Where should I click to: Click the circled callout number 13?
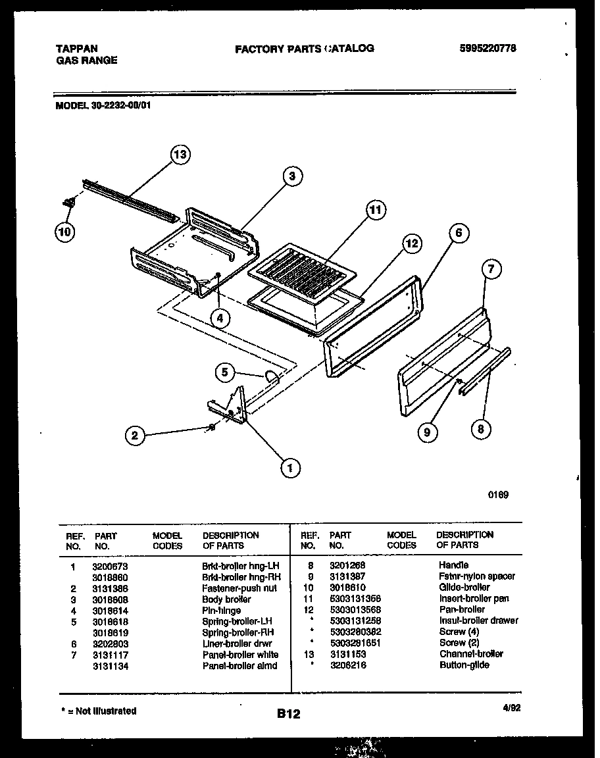point(179,155)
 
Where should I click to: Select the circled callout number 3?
point(292,176)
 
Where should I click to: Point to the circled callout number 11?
point(374,211)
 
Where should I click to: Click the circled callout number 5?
point(225,372)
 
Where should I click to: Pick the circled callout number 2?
point(135,435)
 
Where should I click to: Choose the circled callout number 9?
point(427,432)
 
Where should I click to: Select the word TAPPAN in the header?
point(76,49)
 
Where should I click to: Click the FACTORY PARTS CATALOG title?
point(304,48)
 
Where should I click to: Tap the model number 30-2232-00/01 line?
point(102,104)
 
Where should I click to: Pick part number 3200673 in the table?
point(111,566)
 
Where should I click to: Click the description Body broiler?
point(226,599)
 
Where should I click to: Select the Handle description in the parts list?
point(453,565)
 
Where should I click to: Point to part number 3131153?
point(347,654)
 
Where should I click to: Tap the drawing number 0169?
point(498,495)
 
